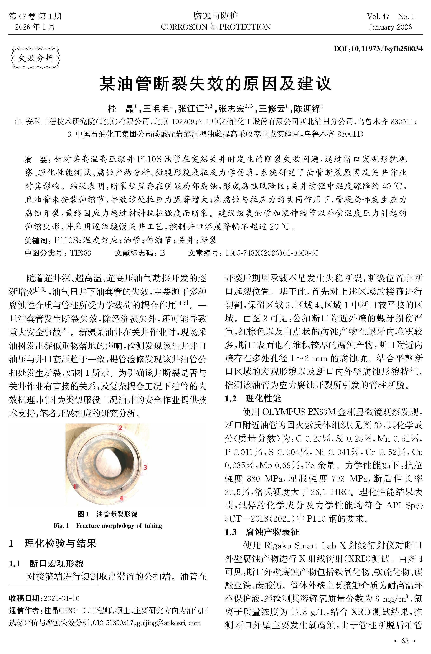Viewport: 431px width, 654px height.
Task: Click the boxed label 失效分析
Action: pyautogui.click(x=35, y=58)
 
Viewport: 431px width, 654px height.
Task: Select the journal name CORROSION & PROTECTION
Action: pyautogui.click(x=215, y=27)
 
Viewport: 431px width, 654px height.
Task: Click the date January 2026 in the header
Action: pyautogui.click(x=390, y=27)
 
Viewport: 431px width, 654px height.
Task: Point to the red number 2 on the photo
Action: pyautogui.click(x=120, y=428)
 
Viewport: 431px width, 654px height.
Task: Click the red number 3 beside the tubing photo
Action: pyautogui.click(x=145, y=467)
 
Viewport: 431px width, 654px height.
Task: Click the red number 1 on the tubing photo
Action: pyautogui.click(x=74, y=486)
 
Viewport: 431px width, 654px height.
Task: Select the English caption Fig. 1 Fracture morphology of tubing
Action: pyautogui.click(x=107, y=526)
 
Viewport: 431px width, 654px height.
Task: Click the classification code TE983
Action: pyautogui.click(x=80, y=253)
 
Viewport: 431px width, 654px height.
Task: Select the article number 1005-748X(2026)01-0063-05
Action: pyautogui.click(x=272, y=253)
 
